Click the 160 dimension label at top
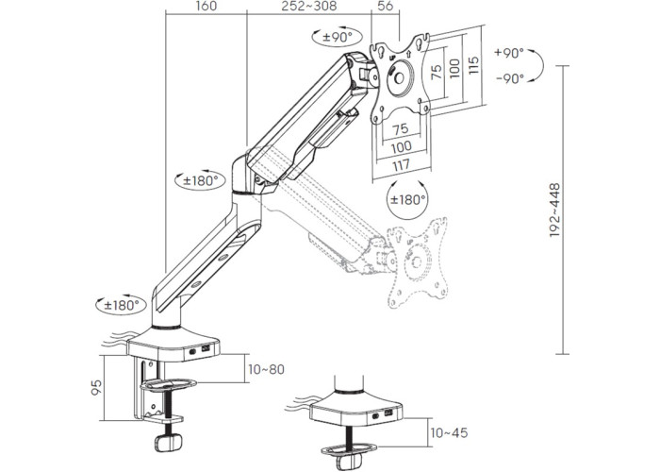coord(206,6)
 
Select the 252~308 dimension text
coord(309,6)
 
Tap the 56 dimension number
coord(385,6)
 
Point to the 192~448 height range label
coord(554,210)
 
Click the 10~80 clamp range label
coord(266,370)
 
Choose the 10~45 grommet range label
coord(449,432)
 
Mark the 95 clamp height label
coord(96,387)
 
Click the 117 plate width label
coord(401,164)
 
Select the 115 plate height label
coord(473,65)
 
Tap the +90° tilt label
coord(509,53)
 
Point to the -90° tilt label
coord(510,78)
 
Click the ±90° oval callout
coord(338,37)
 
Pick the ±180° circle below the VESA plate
coord(407,199)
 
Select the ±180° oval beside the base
coord(122,305)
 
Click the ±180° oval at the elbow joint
coord(200,181)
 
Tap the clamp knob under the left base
coord(169,442)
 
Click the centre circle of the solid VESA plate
coord(399,78)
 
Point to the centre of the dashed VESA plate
coord(417,262)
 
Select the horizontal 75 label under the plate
coord(401,128)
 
